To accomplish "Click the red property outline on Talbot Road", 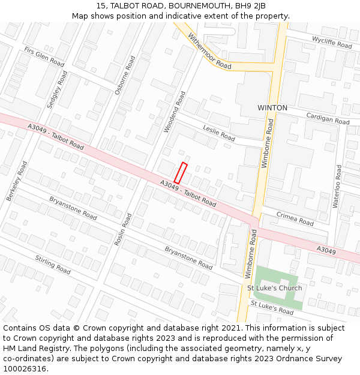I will (x=181, y=173).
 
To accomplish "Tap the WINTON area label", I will (x=272, y=108).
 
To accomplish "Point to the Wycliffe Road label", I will (x=332, y=42).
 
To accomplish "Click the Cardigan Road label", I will (x=328, y=118).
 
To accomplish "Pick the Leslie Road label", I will (x=218, y=133).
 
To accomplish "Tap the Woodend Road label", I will (x=174, y=112).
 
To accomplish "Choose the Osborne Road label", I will (x=125, y=76).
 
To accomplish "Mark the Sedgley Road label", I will (x=57, y=89).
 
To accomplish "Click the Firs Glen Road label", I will (x=44, y=57).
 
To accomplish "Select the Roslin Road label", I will (x=122, y=229).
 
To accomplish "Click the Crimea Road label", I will (x=295, y=218).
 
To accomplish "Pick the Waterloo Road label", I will (x=337, y=186).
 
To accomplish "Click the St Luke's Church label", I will (x=275, y=288).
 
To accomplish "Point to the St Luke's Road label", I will (x=272, y=308).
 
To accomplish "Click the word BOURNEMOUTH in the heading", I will (x=199, y=5).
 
